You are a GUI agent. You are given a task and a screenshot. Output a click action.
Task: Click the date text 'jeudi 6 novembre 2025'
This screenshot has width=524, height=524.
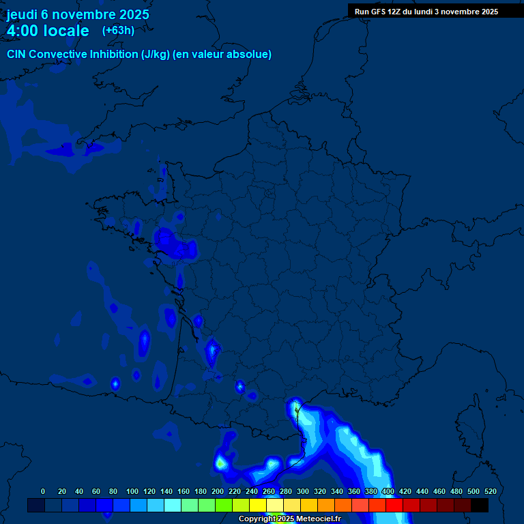pyautogui.click(x=78, y=14)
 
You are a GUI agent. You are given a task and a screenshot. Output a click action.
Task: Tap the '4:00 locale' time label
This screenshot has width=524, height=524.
pyautogui.click(x=48, y=31)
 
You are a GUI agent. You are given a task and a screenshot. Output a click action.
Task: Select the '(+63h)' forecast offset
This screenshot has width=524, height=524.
pyautogui.click(x=118, y=30)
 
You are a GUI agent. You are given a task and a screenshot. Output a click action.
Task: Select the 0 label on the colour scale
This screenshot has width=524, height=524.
pyautogui.click(x=43, y=491)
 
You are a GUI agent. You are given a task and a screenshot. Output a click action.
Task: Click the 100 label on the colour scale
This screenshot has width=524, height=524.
pyautogui.click(x=132, y=491)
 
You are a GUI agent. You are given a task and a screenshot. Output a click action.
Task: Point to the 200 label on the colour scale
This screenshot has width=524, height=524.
pyautogui.click(x=218, y=491)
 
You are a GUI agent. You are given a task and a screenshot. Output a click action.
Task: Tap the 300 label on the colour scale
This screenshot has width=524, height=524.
pyautogui.click(x=303, y=491)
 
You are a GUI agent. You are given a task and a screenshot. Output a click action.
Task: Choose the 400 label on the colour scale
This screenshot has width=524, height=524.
pyautogui.click(x=388, y=491)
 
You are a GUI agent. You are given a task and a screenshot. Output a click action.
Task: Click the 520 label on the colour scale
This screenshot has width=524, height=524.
pyautogui.click(x=490, y=491)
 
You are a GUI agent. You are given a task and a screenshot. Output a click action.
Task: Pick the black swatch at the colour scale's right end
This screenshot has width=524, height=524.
pyautogui.click(x=480, y=506)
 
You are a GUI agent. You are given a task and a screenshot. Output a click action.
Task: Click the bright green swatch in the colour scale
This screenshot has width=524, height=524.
pyautogui.click(x=224, y=506)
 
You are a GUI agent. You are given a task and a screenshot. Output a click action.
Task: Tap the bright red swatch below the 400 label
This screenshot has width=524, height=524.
pyautogui.click(x=394, y=506)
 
